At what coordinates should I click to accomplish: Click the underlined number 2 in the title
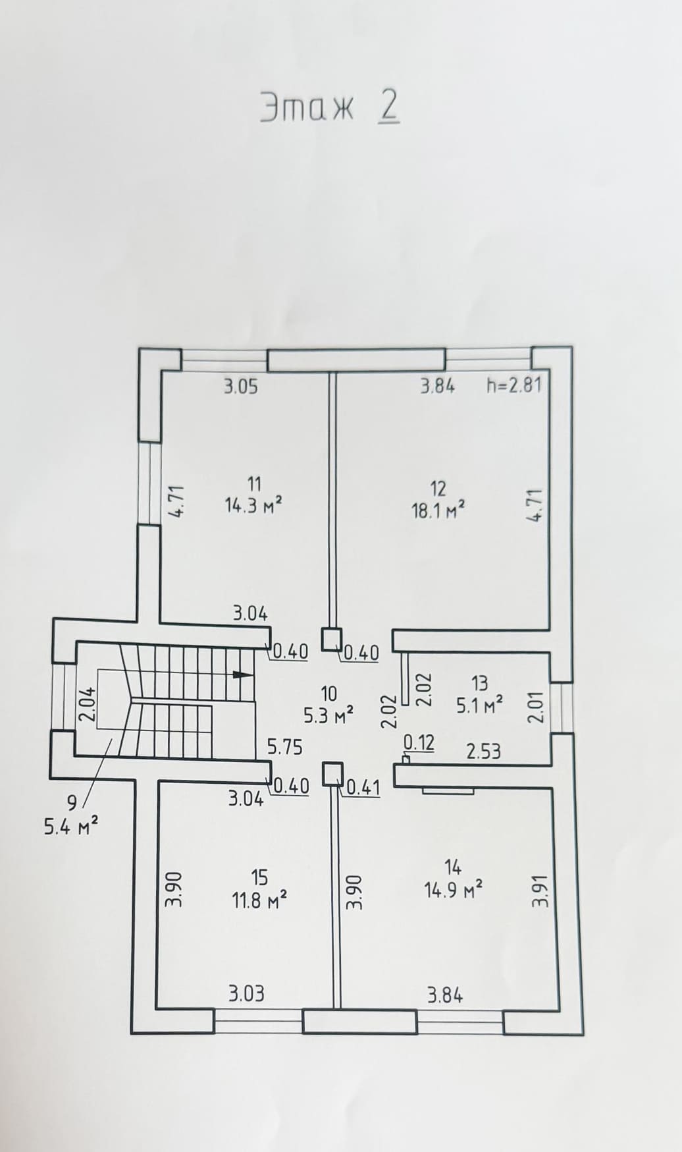(x=388, y=107)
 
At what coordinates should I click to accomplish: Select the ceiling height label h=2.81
(x=514, y=385)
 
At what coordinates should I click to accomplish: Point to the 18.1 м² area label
(x=438, y=510)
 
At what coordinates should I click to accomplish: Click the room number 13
(x=480, y=682)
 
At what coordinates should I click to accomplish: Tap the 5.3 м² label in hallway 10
(x=329, y=715)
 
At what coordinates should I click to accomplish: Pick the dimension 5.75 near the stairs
(x=284, y=746)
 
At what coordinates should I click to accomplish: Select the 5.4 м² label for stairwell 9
(x=71, y=826)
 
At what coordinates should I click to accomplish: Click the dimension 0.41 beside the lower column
(x=363, y=786)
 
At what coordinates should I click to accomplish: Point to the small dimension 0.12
(x=419, y=743)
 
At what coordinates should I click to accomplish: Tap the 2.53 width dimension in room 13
(x=484, y=751)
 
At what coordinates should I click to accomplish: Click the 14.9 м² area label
(x=454, y=891)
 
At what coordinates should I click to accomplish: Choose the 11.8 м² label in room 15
(x=259, y=900)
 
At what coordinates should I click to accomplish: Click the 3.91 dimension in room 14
(x=539, y=891)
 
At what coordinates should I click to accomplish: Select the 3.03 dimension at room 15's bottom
(x=246, y=993)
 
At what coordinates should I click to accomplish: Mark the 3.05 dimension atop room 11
(x=240, y=386)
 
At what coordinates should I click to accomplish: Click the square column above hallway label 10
(x=332, y=639)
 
